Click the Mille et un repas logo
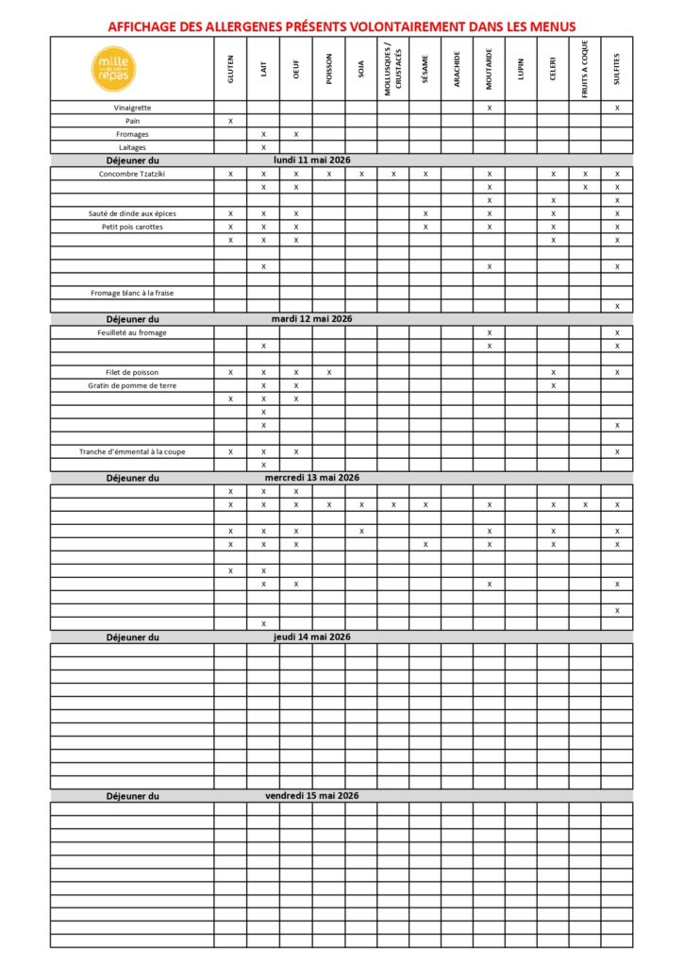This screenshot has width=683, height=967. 114,69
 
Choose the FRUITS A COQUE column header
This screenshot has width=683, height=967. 585,69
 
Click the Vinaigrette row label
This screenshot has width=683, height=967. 132,108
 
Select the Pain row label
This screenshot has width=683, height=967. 132,121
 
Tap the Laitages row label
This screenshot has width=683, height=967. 132,147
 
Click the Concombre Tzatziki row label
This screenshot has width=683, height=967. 132,174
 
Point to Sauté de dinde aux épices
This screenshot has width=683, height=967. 132,213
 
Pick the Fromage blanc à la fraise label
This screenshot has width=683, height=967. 132,293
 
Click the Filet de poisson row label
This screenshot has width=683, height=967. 132,372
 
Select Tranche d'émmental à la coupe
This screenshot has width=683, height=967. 132,451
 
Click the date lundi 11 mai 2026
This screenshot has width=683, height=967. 311,161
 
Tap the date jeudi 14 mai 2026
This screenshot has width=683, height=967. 311,636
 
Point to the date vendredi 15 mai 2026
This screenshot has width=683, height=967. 311,795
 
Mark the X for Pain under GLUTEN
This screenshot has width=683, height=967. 230,121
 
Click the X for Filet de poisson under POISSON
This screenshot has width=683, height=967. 328,372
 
